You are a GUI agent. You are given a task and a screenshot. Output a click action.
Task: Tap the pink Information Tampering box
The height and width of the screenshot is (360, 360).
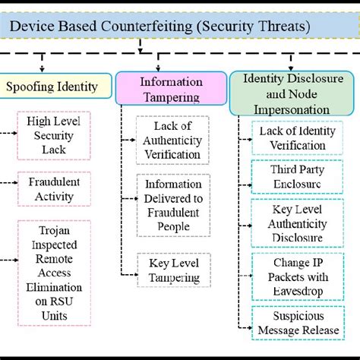(x=172, y=89)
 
